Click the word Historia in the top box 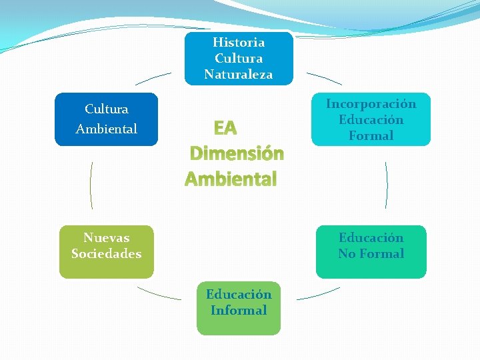pyautogui.click(x=239, y=42)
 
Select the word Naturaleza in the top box pyautogui.click(x=239, y=75)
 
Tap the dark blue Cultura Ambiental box pyautogui.click(x=107, y=119)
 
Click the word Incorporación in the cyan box pyautogui.click(x=371, y=104)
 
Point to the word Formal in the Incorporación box pyautogui.click(x=371, y=135)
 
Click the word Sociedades pyautogui.click(x=107, y=253)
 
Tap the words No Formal pyautogui.click(x=371, y=253)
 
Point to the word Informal pyautogui.click(x=239, y=310)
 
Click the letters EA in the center pyautogui.click(x=225, y=127)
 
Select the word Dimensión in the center pyautogui.click(x=237, y=153)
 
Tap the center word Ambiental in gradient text pyautogui.click(x=231, y=179)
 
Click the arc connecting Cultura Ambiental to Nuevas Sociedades pyautogui.click(x=91, y=185)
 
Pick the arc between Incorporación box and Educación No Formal pyautogui.click(x=386, y=185)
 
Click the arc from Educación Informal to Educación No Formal pyautogui.click(x=319, y=294)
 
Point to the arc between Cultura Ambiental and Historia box pyautogui.click(x=153, y=78)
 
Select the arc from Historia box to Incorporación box pyautogui.click(x=324, y=78)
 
